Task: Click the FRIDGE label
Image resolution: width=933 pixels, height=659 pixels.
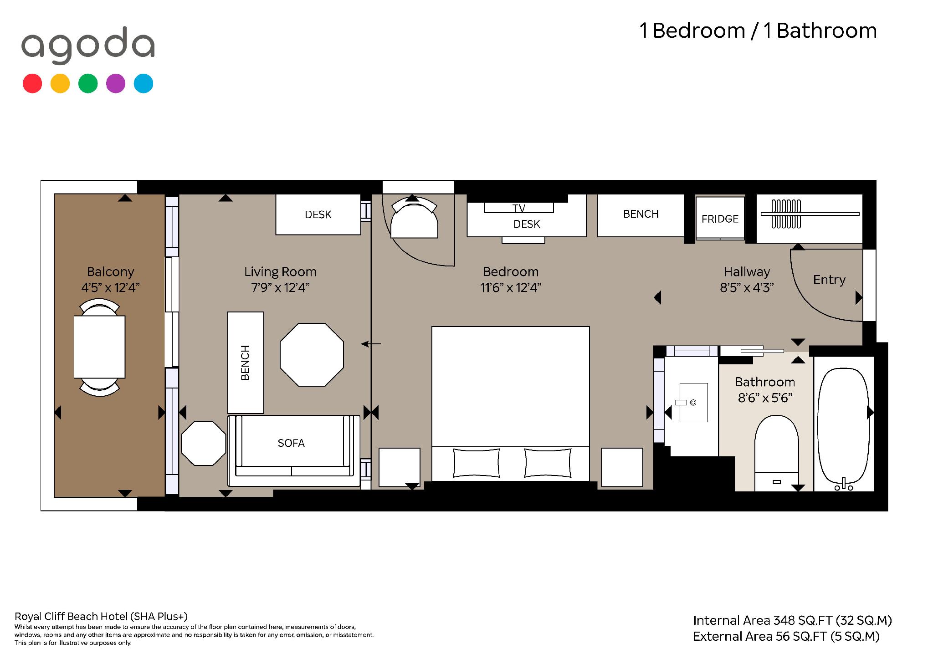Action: pyautogui.click(x=720, y=219)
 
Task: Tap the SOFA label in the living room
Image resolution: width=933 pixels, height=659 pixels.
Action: pyautogui.click(x=291, y=443)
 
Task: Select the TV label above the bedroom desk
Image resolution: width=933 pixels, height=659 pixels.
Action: pyautogui.click(x=519, y=208)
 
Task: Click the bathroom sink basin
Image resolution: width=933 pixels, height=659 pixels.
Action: pyautogui.click(x=693, y=403)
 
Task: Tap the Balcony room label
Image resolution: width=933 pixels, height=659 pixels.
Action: pyautogui.click(x=111, y=272)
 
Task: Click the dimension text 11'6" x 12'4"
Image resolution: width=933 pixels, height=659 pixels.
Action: pyautogui.click(x=511, y=288)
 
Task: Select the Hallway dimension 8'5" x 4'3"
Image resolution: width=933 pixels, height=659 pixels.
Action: pyautogui.click(x=747, y=288)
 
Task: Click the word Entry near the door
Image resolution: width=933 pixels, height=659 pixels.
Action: pyautogui.click(x=829, y=280)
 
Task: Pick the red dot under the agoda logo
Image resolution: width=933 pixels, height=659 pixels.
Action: pyautogui.click(x=32, y=84)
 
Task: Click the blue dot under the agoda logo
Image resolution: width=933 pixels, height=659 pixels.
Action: pyautogui.click(x=144, y=84)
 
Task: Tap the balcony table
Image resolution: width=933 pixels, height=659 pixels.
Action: pyautogui.click(x=100, y=347)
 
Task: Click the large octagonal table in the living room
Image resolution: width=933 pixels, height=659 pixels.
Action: pyautogui.click(x=312, y=355)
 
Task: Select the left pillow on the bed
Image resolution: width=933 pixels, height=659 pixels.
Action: pyautogui.click(x=477, y=463)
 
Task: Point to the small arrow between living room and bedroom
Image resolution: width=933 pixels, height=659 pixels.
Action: pyautogui.click(x=370, y=344)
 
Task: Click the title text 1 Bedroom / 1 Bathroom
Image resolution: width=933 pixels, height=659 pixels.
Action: pyautogui.click(x=758, y=31)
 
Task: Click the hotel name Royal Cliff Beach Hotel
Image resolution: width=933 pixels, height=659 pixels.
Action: pyautogui.click(x=71, y=617)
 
